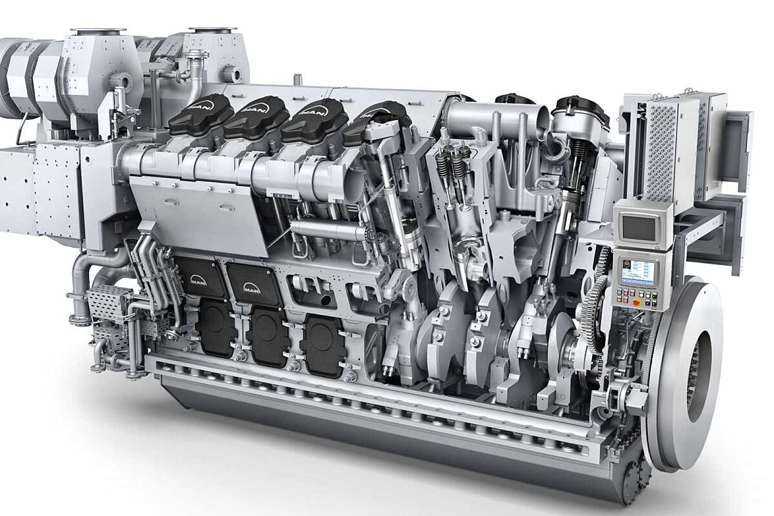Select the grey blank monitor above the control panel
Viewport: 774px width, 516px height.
click(x=637, y=225)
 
